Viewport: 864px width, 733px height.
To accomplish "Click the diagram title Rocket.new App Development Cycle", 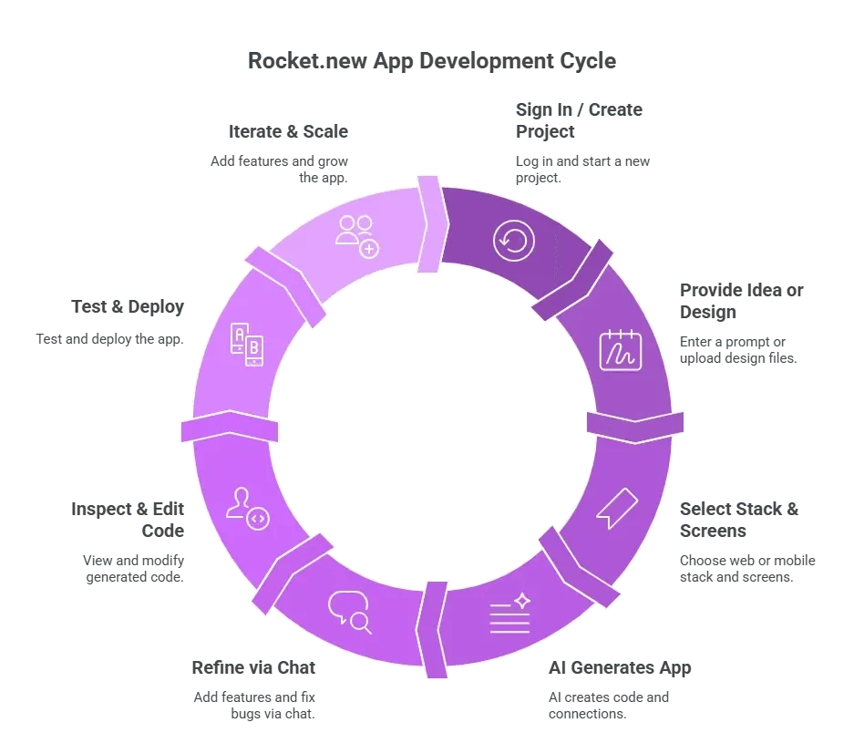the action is [431, 61].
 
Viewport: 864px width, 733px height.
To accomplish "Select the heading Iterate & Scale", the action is [288, 131].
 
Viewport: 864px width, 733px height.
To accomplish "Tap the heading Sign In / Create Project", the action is [579, 120].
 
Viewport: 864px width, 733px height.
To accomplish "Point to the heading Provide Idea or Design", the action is [741, 301].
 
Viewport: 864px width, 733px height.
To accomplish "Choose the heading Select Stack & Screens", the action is [739, 520].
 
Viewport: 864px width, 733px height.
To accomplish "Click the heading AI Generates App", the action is [620, 668].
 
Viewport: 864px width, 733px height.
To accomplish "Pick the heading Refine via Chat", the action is [253, 668].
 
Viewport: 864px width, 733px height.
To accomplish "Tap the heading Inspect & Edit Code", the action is [128, 520].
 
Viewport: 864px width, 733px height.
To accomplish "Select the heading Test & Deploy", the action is [128, 307].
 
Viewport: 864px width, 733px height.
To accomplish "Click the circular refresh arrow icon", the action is [513, 241].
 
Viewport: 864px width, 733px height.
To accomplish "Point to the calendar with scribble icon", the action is [621, 350].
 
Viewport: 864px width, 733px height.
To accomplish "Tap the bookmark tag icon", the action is [617, 508].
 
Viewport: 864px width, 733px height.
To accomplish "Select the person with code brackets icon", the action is [247, 508].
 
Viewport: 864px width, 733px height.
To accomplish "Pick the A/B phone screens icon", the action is [246, 345].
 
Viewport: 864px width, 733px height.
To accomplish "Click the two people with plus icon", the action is [357, 236].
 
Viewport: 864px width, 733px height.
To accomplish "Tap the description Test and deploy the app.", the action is [109, 339].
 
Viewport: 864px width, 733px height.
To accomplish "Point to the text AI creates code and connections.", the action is [609, 706].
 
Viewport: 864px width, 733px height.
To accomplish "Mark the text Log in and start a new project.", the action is [583, 170].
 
